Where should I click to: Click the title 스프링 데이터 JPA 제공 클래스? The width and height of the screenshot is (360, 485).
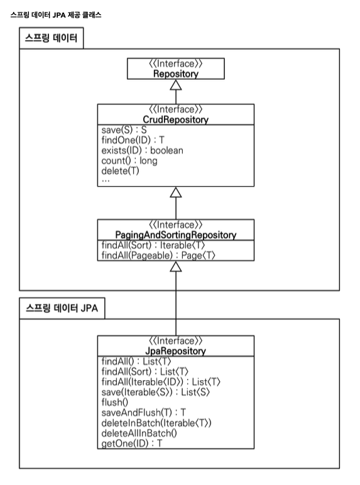[56, 15]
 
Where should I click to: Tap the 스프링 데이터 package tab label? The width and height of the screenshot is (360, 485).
[51, 38]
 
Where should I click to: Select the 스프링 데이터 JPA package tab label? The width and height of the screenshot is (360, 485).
[62, 308]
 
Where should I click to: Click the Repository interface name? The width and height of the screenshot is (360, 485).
[176, 74]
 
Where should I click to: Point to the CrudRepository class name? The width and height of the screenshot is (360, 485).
[176, 120]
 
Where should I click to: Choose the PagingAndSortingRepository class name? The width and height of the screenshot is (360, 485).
[176, 235]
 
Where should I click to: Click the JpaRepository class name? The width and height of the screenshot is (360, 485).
[176, 351]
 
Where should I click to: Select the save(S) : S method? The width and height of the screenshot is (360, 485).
[124, 130]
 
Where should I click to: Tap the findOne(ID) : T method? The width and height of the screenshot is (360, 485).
[133, 140]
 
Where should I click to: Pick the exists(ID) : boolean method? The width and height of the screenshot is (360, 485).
[142, 151]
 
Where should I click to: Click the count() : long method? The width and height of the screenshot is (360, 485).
[129, 161]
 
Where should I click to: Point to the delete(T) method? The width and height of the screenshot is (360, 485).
[120, 171]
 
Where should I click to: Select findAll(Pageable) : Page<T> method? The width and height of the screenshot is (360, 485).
[158, 256]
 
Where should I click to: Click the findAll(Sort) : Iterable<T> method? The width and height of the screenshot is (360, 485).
[153, 245]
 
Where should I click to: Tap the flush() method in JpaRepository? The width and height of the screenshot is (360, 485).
[115, 402]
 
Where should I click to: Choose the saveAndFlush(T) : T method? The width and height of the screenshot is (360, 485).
[144, 413]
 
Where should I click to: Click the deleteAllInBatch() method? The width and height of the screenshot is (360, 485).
[139, 433]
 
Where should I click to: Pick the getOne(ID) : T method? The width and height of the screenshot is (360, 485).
[132, 444]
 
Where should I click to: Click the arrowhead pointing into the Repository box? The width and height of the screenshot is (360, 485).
[176, 85]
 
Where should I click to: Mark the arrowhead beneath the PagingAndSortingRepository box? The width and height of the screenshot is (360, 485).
[176, 266]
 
